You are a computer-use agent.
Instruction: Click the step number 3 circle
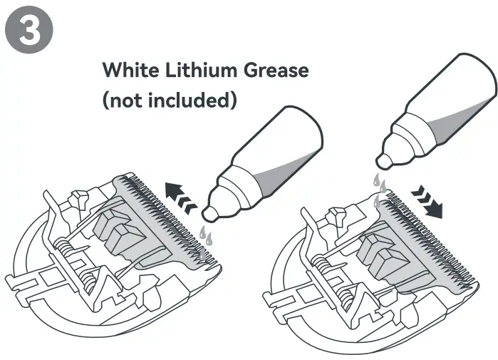coord(29,30)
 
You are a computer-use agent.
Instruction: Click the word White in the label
coord(130,69)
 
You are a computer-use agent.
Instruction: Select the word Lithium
coord(201,69)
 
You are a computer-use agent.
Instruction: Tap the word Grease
coord(276,70)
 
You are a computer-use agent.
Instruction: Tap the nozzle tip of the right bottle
coord(384,161)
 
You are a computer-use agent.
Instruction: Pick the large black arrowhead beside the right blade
coord(435,211)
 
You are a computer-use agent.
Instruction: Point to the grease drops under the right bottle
coord(379,190)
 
